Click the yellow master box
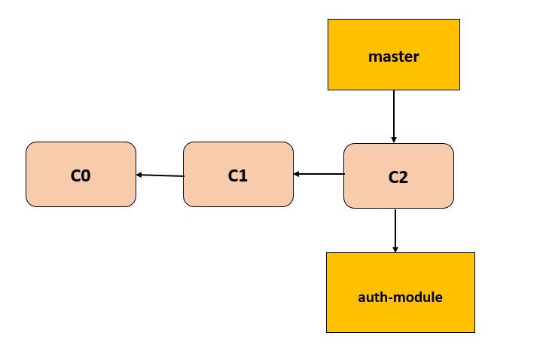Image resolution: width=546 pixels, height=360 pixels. tap(393, 54)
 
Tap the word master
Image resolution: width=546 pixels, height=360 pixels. tap(393, 56)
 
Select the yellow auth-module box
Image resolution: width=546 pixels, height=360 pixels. tap(400, 292)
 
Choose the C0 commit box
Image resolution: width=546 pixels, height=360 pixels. tap(81, 174)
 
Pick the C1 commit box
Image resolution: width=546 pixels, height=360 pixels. tap(238, 174)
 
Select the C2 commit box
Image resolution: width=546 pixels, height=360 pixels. tap(398, 175)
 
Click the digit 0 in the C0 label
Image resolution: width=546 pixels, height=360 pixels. tap(86, 175)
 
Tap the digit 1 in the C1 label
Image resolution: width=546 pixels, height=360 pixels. tap(243, 175)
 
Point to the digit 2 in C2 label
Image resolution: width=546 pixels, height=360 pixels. tap(404, 178)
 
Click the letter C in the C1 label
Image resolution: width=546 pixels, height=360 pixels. tap(233, 175)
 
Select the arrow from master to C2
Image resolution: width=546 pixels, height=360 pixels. tap(393, 116)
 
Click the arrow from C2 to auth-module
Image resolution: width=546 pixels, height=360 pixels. tap(395, 230)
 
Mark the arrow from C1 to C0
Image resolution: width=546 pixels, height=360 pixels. tap(160, 175)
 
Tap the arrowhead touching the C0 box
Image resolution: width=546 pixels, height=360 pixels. tap(139, 175)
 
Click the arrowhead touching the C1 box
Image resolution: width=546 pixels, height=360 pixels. tap(297, 174)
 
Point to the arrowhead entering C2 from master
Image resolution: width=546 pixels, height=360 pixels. tap(393, 139)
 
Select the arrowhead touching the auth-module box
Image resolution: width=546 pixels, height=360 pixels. tap(395, 249)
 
